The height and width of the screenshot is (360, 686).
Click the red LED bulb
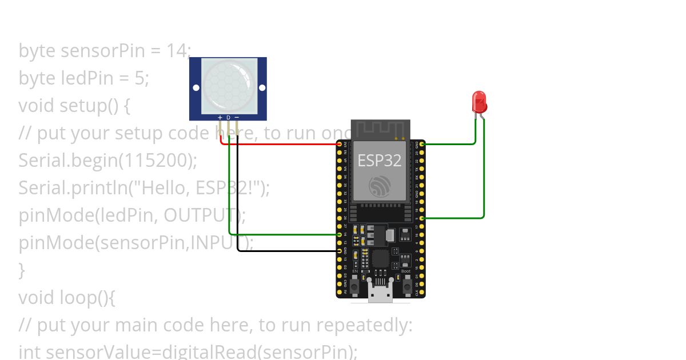pyautogui.click(x=479, y=102)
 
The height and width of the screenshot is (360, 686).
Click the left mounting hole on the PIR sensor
pyautogui.click(x=196, y=87)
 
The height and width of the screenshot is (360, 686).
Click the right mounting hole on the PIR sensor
pyautogui.click(x=262, y=87)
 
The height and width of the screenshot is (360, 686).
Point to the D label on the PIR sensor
pyautogui.click(x=228, y=118)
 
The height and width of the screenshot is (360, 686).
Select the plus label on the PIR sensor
pyautogui.click(x=220, y=118)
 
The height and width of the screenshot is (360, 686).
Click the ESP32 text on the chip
pyautogui.click(x=380, y=161)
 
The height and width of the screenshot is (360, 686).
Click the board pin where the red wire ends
pyautogui.click(x=340, y=144)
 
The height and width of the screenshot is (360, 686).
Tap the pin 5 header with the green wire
pyautogui.click(x=422, y=218)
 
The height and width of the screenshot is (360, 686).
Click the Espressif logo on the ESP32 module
pyautogui.click(x=380, y=186)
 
